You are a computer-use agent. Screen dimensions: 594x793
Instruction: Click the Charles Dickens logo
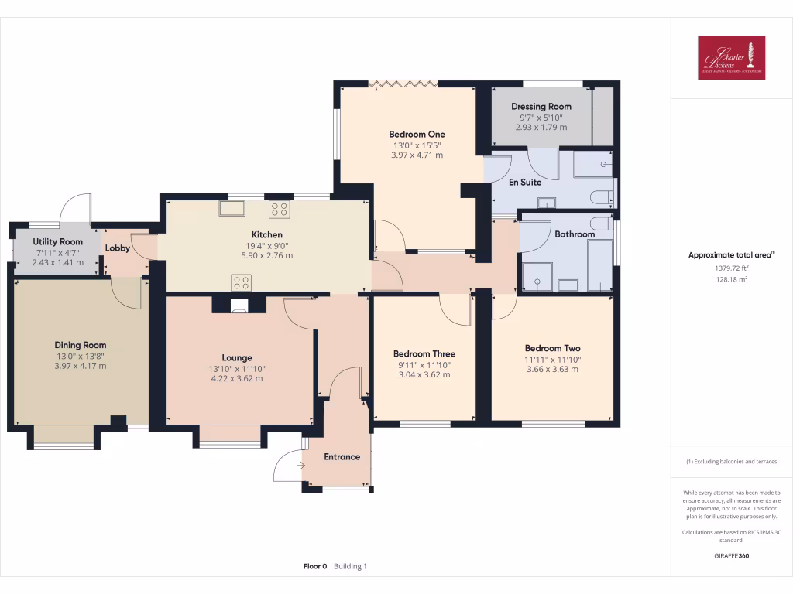[x=731, y=58]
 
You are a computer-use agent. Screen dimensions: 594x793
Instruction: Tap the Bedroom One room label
[x=417, y=134]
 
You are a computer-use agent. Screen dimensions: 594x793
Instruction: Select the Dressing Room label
[x=541, y=106]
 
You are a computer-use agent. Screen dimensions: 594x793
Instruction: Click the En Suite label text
[x=524, y=183]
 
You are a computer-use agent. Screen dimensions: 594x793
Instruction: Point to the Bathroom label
[x=574, y=234]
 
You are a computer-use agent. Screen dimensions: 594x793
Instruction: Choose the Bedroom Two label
[x=552, y=348]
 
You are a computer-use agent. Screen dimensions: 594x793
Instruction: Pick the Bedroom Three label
[x=424, y=353]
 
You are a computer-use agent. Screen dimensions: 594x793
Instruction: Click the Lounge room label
[x=237, y=357]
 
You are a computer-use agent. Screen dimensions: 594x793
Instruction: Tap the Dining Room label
[x=81, y=345]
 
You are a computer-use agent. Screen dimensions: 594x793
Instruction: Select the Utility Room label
[x=57, y=242]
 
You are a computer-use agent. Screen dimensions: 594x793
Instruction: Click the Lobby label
[x=118, y=248]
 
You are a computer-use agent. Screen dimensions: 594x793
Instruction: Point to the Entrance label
[x=342, y=456]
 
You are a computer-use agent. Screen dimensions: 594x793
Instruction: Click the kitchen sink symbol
[x=232, y=209]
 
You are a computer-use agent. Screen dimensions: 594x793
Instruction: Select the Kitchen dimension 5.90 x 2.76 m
[x=266, y=255]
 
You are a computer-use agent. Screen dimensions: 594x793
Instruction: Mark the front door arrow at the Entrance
[x=300, y=465]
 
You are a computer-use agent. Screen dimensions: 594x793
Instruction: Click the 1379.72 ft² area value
[x=731, y=268]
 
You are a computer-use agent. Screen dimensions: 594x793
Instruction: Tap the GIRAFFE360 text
[x=731, y=555]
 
